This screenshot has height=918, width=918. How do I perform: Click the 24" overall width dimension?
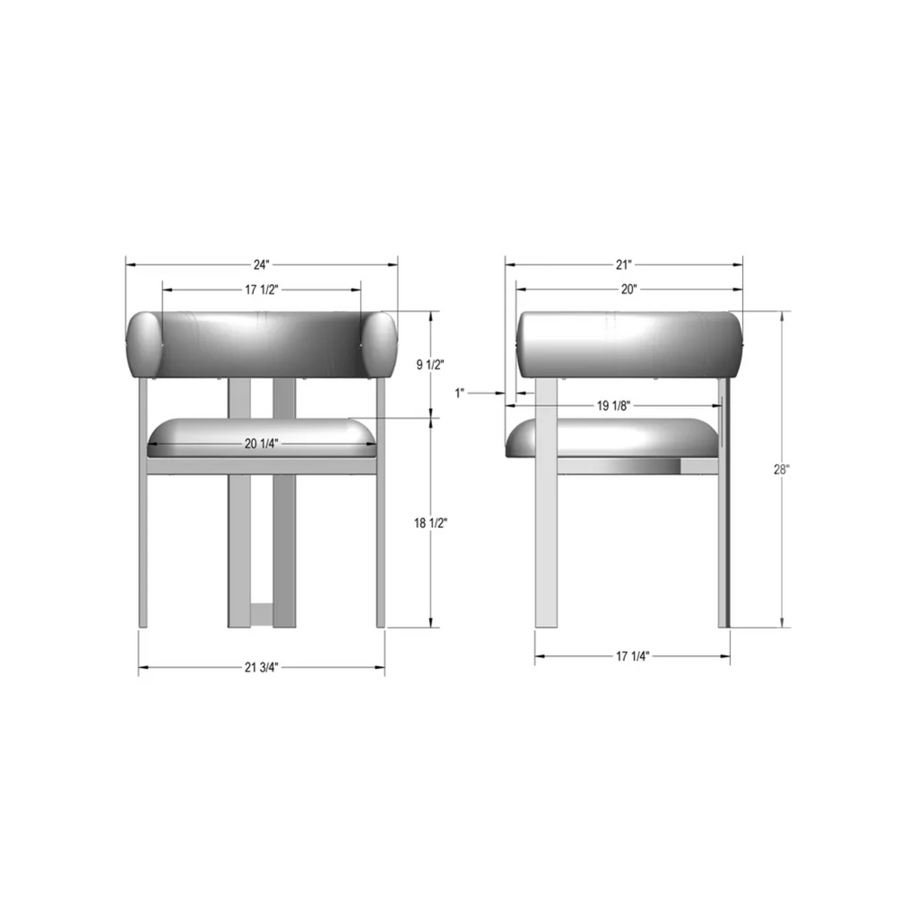[261, 265]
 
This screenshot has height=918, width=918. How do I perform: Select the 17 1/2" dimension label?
[261, 290]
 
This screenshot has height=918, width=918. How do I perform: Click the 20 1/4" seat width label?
[261, 443]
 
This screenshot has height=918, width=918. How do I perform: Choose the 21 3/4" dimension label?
[262, 667]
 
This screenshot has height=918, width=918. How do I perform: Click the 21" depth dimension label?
[624, 265]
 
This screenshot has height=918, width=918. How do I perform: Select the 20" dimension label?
[628, 290]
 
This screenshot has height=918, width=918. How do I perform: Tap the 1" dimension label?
[461, 393]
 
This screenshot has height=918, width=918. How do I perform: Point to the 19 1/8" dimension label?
[615, 405]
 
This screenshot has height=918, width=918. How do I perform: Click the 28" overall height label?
[781, 469]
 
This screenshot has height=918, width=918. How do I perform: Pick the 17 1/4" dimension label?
[633, 656]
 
